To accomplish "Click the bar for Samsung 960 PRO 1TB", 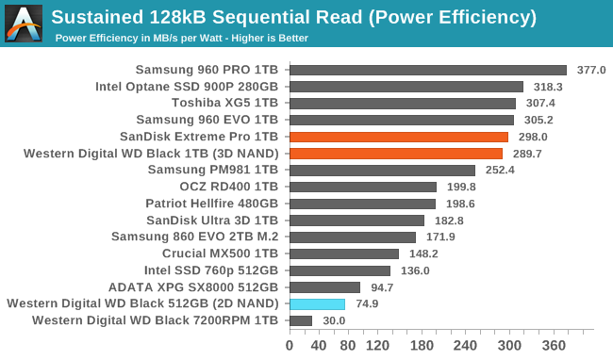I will coord(427,70).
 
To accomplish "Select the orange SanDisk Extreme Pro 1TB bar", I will coord(398,137).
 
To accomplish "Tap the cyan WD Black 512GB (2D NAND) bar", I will coord(317,304).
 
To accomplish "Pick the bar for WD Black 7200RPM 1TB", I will coord(300,321).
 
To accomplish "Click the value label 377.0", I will coord(590,70).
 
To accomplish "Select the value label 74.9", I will coord(367,304).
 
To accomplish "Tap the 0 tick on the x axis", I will coord(290,345).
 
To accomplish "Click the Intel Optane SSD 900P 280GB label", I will coord(187,87).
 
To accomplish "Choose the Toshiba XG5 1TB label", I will coord(224,104).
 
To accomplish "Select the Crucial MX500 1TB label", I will coord(220,254).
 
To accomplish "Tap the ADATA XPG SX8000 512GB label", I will coord(199,287).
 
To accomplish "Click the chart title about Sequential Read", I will coord(293,17).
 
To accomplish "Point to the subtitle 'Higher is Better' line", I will coord(182,39).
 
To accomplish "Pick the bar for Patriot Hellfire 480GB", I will coord(362,204).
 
